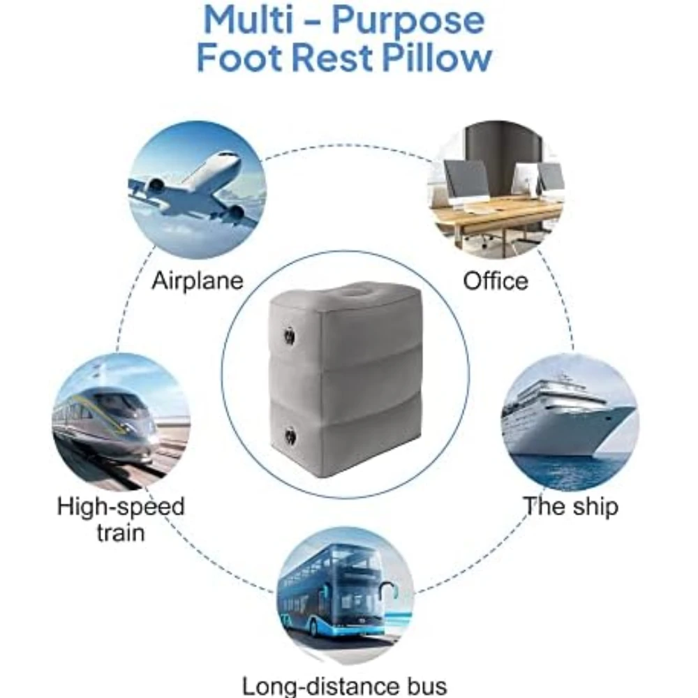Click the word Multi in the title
point(248,20)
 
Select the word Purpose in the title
point(408,22)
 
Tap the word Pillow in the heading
point(437,57)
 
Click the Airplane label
point(198,281)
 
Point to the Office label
point(496,281)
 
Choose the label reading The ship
point(571,507)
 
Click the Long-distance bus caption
point(344,686)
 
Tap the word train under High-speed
point(121,533)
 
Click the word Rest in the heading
point(330,57)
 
